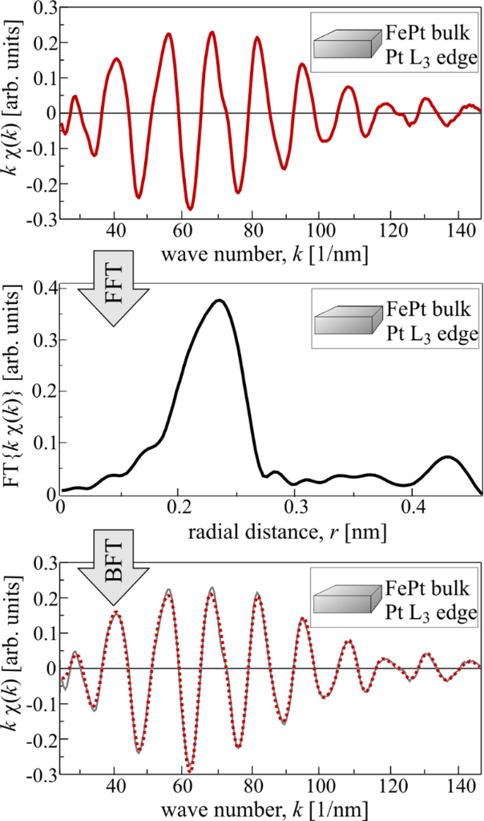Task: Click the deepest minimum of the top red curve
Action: (190, 209)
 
